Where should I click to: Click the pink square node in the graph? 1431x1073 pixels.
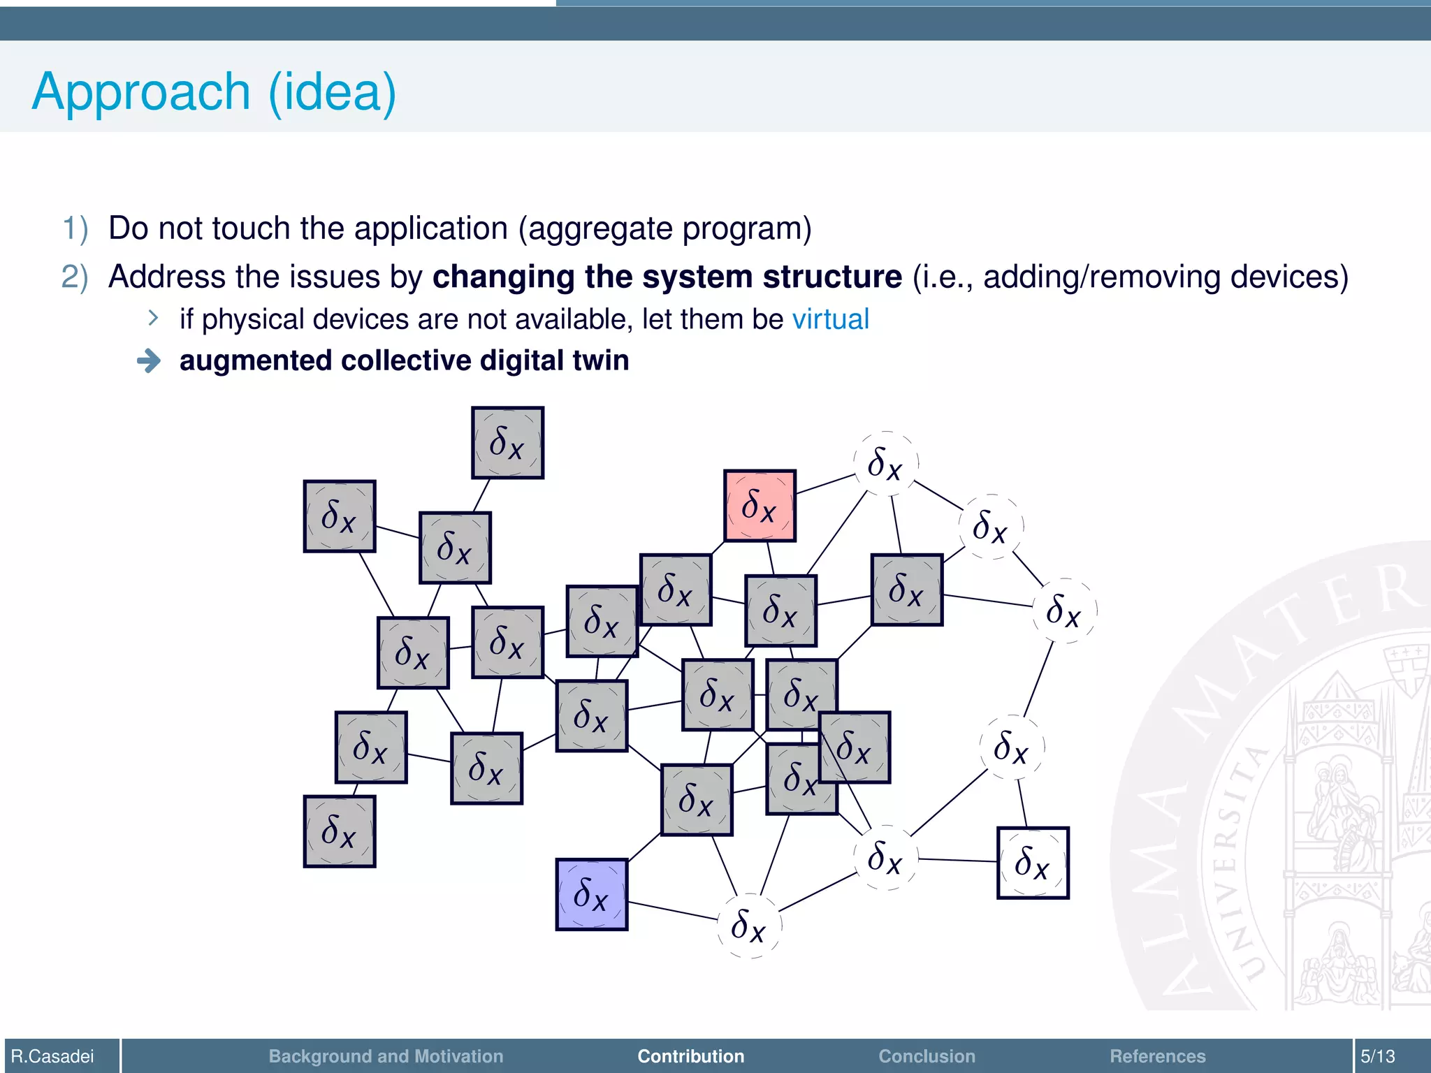click(x=760, y=505)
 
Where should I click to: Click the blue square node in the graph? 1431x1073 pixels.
click(x=591, y=894)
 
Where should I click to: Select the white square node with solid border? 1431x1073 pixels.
click(x=1032, y=863)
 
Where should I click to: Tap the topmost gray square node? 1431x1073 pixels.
click(x=507, y=442)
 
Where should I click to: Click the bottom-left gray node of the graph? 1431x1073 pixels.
click(x=340, y=831)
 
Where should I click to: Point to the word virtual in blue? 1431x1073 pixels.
click(x=830, y=319)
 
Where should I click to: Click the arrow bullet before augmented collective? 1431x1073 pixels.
click(x=149, y=361)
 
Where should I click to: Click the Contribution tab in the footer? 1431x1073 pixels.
click(x=690, y=1056)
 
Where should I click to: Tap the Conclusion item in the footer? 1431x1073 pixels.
click(x=927, y=1056)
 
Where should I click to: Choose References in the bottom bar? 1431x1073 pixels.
click(x=1157, y=1056)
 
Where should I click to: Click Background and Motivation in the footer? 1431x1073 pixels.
click(x=386, y=1056)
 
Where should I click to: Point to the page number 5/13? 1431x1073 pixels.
click(x=1377, y=1056)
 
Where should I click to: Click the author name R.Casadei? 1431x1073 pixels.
click(x=52, y=1056)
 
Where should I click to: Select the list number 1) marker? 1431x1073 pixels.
click(x=75, y=228)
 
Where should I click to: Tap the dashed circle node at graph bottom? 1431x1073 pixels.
click(x=749, y=926)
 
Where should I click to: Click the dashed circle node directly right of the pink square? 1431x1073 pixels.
click(x=885, y=464)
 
